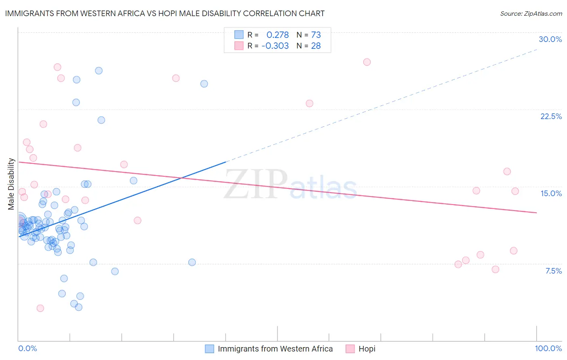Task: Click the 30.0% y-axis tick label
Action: point(550,39)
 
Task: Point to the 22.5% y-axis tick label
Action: point(551,116)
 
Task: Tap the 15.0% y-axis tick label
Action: point(551,193)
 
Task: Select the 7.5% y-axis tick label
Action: point(553,271)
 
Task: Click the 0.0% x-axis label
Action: point(27,348)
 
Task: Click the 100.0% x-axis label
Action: point(548,348)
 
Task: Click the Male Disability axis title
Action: point(11,184)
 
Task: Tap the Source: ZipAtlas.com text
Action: point(531,13)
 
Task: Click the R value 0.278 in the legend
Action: point(277,35)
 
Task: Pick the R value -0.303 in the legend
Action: point(275,46)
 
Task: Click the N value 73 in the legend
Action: point(316,35)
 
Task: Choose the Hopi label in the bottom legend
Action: point(367,349)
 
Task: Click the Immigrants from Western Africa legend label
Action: point(275,349)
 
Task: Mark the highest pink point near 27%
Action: point(367,62)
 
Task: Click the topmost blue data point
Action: point(99,71)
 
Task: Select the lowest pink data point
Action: point(40,308)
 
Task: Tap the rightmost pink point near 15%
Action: point(515,191)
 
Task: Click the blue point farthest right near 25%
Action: point(204,84)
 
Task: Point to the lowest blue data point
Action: point(79,307)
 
